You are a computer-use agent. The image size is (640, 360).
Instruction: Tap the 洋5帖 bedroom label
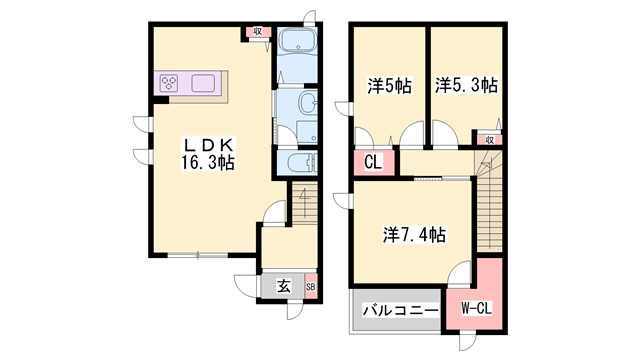pyautogui.click(x=389, y=87)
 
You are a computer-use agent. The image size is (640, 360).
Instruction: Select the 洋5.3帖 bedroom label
pyautogui.click(x=466, y=87)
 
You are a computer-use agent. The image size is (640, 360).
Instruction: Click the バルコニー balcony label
pyautogui.click(x=398, y=312)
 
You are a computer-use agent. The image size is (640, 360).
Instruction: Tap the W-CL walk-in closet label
pyautogui.click(x=475, y=310)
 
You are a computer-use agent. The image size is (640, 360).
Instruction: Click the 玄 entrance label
pyautogui.click(x=283, y=286)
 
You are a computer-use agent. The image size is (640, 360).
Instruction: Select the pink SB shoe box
pyautogui.click(x=310, y=286)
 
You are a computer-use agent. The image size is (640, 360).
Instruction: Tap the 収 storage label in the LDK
pyautogui.click(x=257, y=32)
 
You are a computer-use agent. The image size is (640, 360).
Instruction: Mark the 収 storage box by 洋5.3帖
pyautogui.click(x=490, y=140)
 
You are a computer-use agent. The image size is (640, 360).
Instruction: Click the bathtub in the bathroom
pyautogui.click(x=298, y=44)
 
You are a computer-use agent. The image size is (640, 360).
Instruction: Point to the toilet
pyautogui.click(x=299, y=164)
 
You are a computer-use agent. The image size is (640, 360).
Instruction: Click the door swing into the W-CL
pyautogui.click(x=460, y=273)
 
